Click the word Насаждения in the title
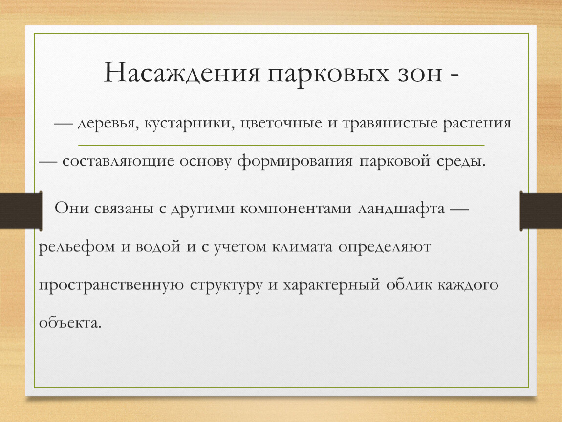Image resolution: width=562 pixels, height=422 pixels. pos(182,73)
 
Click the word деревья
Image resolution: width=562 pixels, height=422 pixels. pos(108,124)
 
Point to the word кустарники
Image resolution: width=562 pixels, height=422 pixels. pos(190,124)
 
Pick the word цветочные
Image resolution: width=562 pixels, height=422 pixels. pos(281,124)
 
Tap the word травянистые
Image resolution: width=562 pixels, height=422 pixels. pos(390,124)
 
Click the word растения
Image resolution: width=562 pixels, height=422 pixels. pos(477,124)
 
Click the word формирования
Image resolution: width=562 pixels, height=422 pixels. pos(295,161)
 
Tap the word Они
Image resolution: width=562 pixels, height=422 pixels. pos(72,208)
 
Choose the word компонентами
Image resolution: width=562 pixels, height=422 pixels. pos(296,209)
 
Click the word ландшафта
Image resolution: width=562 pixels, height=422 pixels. pos(401,209)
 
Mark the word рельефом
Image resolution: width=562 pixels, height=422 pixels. pos(77,247)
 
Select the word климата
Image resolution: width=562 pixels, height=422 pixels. pos(302,247)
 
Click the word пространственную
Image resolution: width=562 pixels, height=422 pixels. pos(111,286)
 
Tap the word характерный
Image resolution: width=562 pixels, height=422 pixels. pos(331,286)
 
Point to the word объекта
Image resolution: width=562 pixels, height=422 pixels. pos(70,322)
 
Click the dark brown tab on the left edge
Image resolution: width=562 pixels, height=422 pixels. pos(21,211)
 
